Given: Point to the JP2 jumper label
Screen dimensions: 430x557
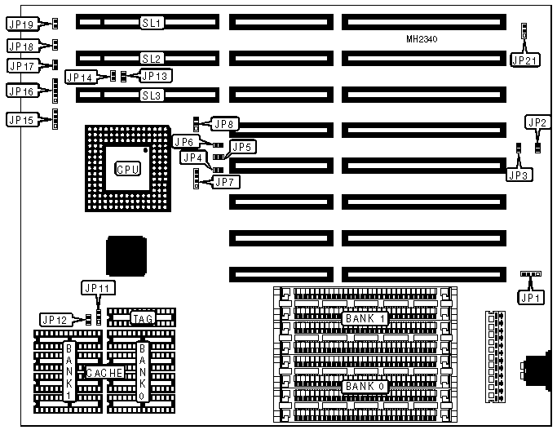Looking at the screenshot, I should pos(537,123).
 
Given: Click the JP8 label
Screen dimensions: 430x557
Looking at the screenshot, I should pos(223,125).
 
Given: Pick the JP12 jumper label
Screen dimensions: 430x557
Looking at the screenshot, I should pos(55,319).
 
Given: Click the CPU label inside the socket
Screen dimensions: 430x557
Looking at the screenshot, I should pos(127,168).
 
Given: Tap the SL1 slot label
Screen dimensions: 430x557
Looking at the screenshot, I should pos(152,22).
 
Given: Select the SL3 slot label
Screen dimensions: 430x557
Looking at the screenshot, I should pos(152,95).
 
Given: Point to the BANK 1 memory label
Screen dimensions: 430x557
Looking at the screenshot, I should pos(363,318).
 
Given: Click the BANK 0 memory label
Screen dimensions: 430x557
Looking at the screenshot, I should pos(363,386).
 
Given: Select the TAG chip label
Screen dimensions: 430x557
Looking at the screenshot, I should pos(143,318).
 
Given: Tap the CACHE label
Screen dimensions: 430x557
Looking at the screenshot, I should pos(105,372).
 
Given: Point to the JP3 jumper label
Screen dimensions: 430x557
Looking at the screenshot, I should pos(519,174).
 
